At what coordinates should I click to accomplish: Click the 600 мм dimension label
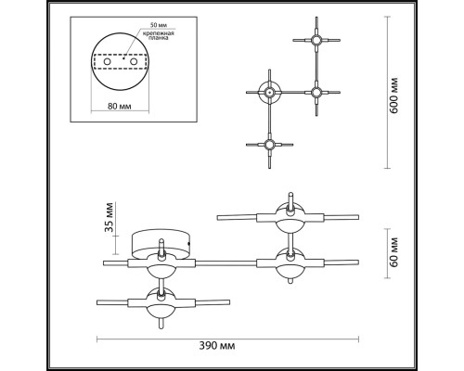coord(393,96)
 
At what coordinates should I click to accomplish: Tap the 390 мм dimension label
coord(217,346)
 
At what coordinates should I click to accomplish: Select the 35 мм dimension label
coord(110,217)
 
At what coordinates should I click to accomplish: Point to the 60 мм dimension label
coord(393,252)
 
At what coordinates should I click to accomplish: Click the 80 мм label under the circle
coord(120,106)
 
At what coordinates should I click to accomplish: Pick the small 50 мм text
coord(157,25)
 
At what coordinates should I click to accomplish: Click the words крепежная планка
coord(159,35)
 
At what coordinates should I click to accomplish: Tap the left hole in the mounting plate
coord(107,61)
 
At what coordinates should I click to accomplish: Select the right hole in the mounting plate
coord(134,61)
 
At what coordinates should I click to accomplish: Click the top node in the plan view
coord(316,40)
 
